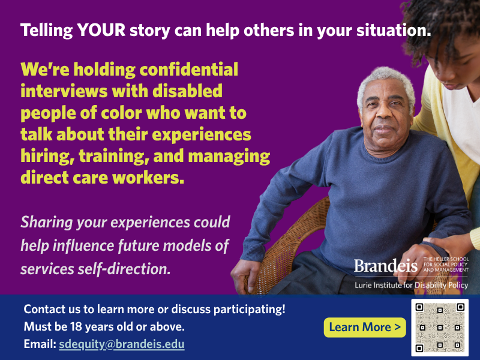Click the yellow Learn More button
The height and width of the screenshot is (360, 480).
pyautogui.click(x=365, y=327)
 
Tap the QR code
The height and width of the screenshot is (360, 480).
pyautogui.click(x=440, y=328)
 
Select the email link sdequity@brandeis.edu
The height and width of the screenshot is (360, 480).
pyautogui.click(x=122, y=344)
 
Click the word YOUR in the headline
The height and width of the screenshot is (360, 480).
pyautogui.click(x=101, y=31)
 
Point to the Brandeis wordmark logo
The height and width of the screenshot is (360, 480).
pyautogui.click(x=386, y=265)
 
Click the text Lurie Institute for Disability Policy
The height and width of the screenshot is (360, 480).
pyautogui.click(x=412, y=286)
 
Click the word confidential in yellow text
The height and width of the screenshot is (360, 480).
pyautogui.click(x=189, y=69)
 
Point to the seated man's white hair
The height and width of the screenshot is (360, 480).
pyautogui.click(x=386, y=80)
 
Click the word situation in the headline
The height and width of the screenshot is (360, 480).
pyautogui.click(x=394, y=31)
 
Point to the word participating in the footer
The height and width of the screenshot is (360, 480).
pyautogui.click(x=249, y=310)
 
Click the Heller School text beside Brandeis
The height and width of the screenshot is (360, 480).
pyautogui.click(x=446, y=265)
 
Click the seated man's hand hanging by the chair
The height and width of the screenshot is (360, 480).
pyautogui.click(x=245, y=275)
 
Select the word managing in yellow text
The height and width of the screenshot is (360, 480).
pyautogui.click(x=229, y=157)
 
